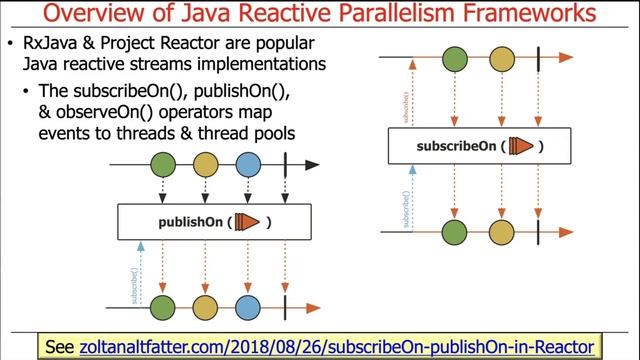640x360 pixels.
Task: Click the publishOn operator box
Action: (214, 221)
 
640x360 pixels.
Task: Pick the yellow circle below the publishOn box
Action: (205, 306)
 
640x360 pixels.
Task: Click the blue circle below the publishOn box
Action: (247, 306)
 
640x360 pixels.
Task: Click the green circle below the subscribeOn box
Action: (455, 232)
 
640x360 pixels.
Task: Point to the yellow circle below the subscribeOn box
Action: (499, 232)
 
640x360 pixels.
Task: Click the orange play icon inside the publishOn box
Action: (246, 221)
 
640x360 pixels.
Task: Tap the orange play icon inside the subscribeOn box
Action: (519, 145)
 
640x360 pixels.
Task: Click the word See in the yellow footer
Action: (60, 346)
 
